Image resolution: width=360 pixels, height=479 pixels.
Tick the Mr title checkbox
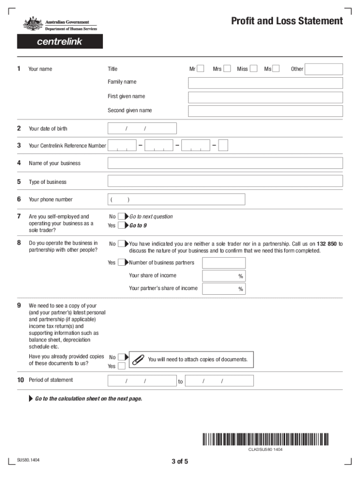[x=201, y=69]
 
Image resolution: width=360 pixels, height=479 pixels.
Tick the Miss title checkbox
[x=253, y=69]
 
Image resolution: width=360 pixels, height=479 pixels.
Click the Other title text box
[x=324, y=69]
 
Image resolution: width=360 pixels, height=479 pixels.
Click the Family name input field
[x=265, y=83]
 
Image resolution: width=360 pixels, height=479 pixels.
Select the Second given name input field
[x=265, y=111]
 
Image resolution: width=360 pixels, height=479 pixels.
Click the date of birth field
[x=142, y=129]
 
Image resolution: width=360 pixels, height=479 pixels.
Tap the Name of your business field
[x=225, y=163]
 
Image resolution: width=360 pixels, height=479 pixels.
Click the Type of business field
[x=225, y=181]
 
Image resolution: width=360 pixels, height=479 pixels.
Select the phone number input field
[x=176, y=200]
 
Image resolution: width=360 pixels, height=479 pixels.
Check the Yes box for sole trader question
[x=122, y=225]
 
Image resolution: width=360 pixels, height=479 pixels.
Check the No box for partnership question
[x=122, y=244]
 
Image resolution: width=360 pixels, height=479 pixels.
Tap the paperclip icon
[x=138, y=360]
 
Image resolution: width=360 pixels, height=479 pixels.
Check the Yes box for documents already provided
[x=122, y=366]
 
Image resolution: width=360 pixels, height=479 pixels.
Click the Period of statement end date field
[x=219, y=381]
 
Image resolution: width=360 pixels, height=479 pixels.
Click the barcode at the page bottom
[x=266, y=439]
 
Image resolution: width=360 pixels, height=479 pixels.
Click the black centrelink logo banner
[x=60, y=42]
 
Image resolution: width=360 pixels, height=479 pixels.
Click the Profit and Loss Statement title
[x=287, y=21]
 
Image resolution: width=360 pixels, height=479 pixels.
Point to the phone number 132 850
[x=327, y=244]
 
